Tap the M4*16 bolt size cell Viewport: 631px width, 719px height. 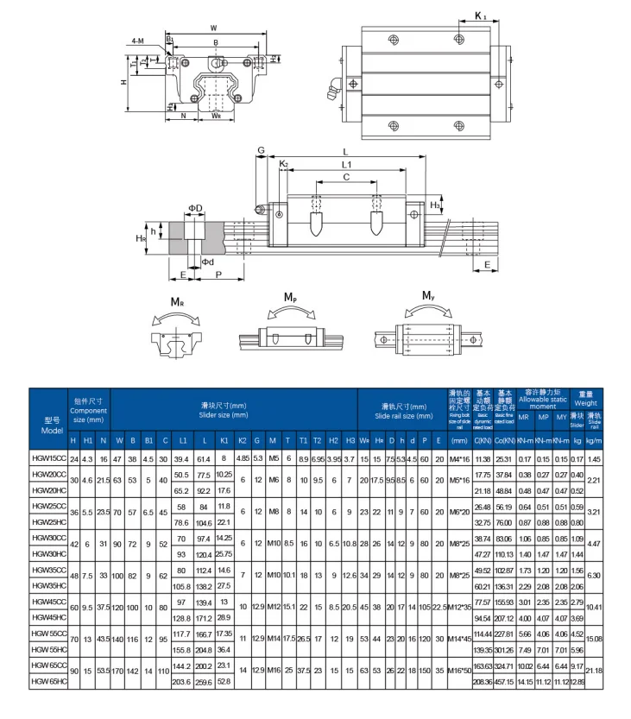click(x=458, y=458)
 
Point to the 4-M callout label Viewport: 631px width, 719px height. click(x=138, y=41)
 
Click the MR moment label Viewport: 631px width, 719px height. click(x=176, y=302)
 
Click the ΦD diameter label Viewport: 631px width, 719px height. click(x=195, y=208)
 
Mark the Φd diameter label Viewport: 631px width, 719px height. click(x=207, y=262)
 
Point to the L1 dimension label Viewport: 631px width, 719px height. click(x=345, y=164)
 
